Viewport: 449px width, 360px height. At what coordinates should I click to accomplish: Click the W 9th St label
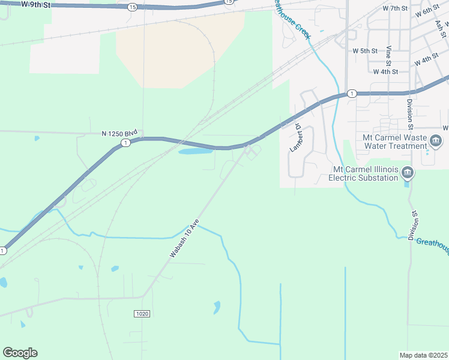[34, 4]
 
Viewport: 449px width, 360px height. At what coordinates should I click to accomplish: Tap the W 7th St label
[394, 8]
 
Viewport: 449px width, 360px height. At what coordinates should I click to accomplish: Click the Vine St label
[389, 55]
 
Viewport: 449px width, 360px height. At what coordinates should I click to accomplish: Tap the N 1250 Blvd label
[120, 133]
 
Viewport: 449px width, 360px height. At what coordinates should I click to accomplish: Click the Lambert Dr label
[296, 137]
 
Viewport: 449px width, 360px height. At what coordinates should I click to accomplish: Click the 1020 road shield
[142, 313]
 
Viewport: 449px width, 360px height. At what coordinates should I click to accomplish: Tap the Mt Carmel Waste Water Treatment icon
[436, 142]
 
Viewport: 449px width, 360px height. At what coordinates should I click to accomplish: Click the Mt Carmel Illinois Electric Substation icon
[408, 173]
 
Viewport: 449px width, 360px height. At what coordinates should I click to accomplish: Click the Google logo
[20, 352]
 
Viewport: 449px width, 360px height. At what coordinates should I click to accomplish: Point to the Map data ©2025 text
[423, 355]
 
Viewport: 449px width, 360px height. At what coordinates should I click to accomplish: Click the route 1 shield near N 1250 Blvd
[125, 143]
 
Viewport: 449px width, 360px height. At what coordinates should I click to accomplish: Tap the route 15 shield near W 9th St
[132, 7]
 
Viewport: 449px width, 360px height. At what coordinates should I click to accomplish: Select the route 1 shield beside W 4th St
[352, 94]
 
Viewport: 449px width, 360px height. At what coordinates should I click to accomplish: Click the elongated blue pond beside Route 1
[196, 151]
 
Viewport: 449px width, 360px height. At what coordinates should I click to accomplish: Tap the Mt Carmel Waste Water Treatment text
[394, 142]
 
